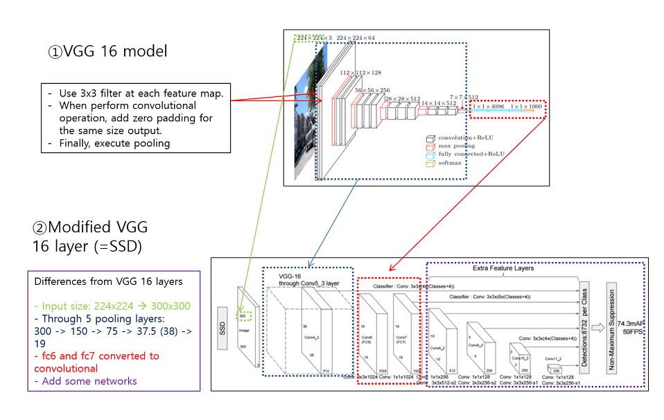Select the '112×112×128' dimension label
coord(360,72)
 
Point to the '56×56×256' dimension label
coord(372,90)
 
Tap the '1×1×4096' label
coord(489,107)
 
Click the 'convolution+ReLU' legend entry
coord(466,137)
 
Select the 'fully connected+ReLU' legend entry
coord(471,155)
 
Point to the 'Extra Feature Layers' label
coord(503,268)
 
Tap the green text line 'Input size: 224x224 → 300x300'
coord(112,306)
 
